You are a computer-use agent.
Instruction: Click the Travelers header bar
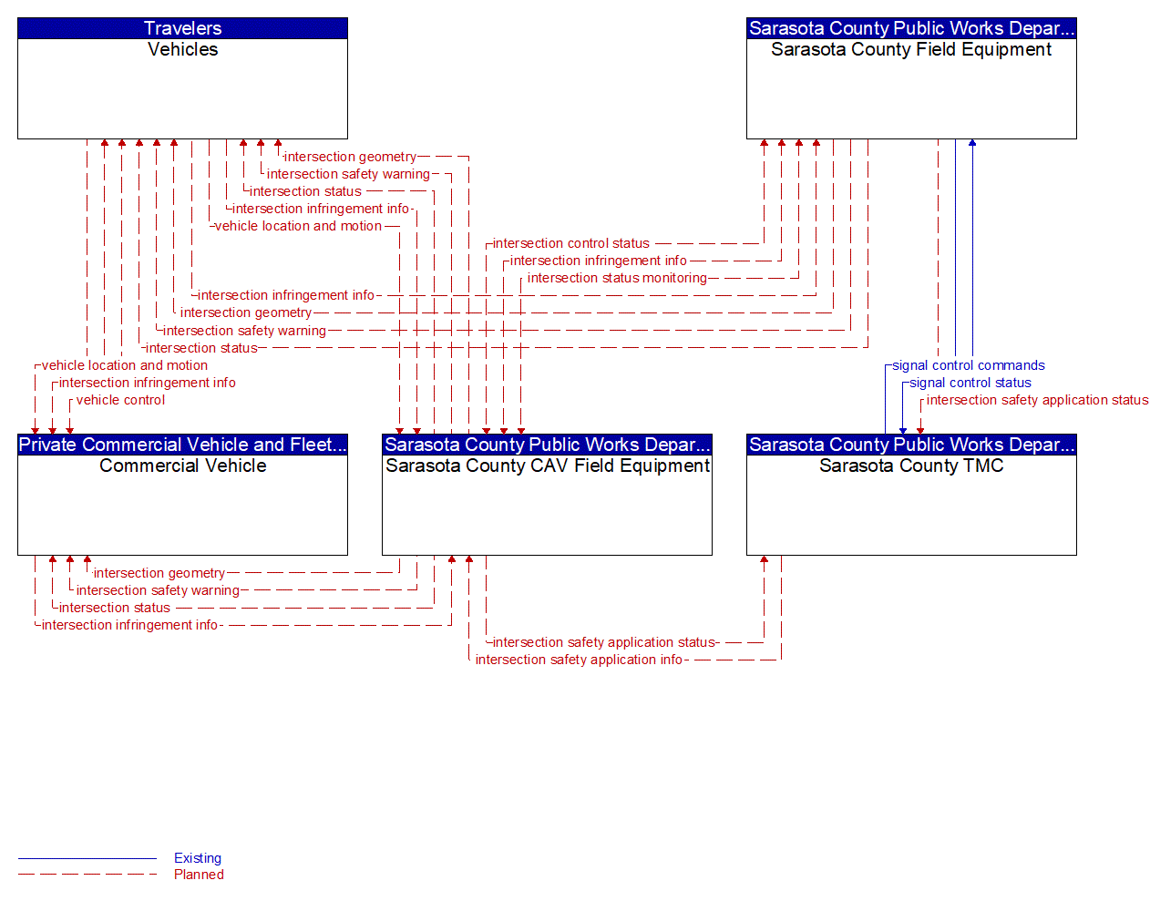182,28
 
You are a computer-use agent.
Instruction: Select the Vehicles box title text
182,49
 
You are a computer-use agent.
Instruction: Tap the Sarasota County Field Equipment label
910,49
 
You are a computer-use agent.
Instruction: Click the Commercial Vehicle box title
182,466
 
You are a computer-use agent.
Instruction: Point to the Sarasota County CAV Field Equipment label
547,466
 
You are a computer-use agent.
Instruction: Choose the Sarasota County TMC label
910,466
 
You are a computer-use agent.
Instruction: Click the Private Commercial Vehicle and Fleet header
182,445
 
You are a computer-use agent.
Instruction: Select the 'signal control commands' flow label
968,365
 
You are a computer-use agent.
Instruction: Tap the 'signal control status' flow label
970,383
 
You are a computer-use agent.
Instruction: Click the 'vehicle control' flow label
120,400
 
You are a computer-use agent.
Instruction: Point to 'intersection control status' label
570,243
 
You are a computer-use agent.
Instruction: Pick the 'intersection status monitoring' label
617,278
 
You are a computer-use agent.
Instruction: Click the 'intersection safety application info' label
579,660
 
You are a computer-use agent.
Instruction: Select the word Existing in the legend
198,858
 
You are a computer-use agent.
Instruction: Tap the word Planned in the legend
199,875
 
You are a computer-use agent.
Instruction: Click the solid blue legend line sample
87,858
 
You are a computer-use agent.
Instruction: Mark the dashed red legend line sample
87,875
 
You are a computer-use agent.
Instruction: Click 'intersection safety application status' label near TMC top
1037,400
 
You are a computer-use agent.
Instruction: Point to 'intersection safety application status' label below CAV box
603,642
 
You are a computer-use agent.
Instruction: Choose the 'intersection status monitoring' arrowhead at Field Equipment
799,144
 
